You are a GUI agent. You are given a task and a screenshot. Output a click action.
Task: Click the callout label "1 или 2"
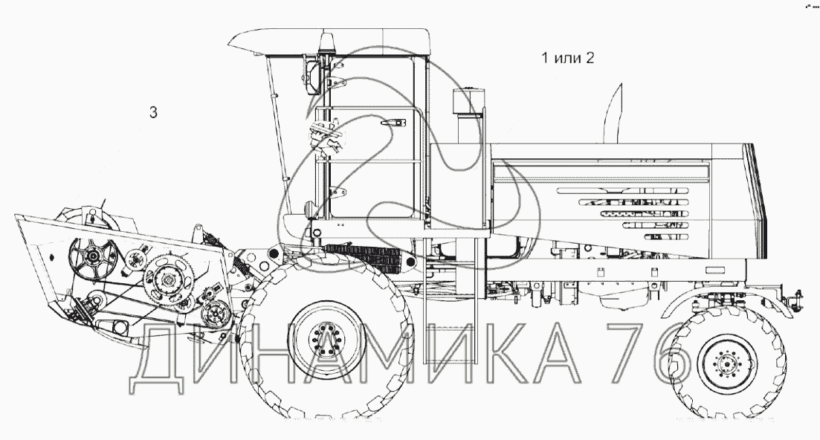click(567, 57)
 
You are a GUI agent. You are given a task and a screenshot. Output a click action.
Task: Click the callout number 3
click(153, 112)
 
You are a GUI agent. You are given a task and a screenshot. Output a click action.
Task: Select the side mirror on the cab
click(313, 77)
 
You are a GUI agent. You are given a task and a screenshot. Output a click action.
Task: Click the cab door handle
click(393, 123)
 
